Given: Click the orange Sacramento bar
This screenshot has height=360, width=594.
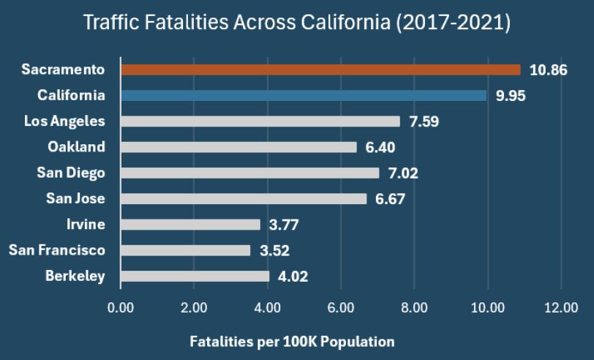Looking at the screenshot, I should coord(320,70).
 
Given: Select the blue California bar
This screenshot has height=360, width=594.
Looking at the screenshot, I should coord(304,95).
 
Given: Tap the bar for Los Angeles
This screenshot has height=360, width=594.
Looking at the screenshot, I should coord(260,121).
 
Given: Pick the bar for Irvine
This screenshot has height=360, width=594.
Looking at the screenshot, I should coord(190,225).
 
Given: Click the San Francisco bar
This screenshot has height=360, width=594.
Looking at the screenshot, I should coord(186,250).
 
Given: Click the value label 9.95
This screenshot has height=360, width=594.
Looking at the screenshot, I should coord(511,96).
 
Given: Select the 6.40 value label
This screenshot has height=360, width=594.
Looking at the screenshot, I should coord(380,148).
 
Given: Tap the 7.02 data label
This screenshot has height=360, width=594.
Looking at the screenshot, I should coord(403,173).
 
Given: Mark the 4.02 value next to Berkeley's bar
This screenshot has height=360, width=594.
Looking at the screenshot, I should coord(293,277).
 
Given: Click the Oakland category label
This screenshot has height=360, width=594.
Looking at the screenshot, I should coord(76,147).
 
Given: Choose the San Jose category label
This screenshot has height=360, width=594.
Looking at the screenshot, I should coord(75,198).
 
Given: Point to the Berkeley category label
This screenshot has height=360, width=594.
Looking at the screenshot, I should coord(75,276).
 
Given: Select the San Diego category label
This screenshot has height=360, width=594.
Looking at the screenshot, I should coord(71,173).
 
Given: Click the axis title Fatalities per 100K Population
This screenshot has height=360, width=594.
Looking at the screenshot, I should coord(292,342).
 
